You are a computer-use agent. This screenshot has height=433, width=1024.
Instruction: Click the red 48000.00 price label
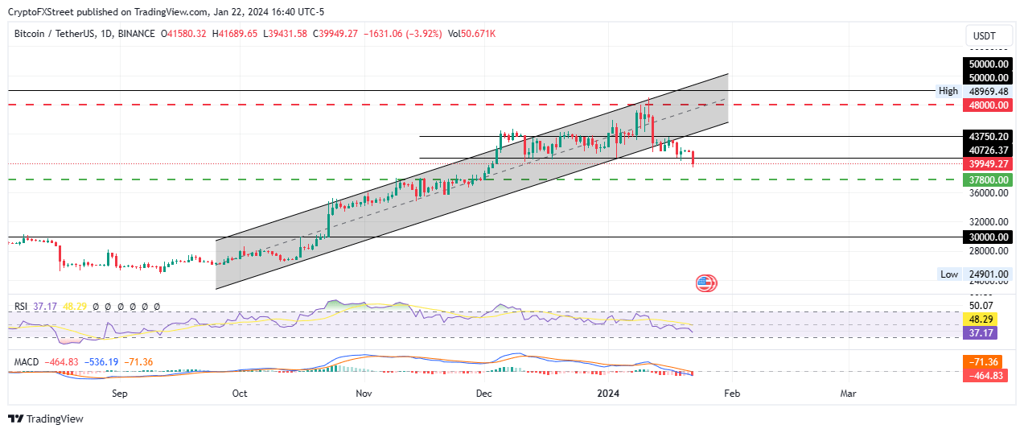click(x=987, y=105)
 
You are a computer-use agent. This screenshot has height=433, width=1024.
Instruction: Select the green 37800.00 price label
click(x=987, y=179)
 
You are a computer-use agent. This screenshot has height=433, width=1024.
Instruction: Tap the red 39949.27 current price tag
click(x=987, y=164)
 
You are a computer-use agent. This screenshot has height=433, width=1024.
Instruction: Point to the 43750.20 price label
click(x=987, y=137)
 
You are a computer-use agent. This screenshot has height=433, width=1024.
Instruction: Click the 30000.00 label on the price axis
click(x=987, y=237)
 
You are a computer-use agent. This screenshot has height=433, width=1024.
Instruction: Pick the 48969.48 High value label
click(x=987, y=91)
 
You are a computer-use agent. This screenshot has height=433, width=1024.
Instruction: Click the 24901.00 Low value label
click(x=987, y=274)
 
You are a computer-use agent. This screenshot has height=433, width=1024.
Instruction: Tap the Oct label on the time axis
click(x=239, y=394)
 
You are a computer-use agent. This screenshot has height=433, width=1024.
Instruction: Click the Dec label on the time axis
click(x=484, y=394)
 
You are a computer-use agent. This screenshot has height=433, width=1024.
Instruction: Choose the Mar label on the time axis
click(x=848, y=394)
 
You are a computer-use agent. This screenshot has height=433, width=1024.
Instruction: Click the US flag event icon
click(x=705, y=282)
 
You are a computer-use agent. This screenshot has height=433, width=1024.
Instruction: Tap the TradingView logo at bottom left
click(x=46, y=419)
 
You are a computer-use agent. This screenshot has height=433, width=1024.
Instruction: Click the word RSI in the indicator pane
click(x=22, y=307)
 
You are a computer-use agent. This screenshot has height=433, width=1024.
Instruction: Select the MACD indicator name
click(x=27, y=362)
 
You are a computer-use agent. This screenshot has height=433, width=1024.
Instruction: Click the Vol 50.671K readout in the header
click(x=471, y=34)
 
